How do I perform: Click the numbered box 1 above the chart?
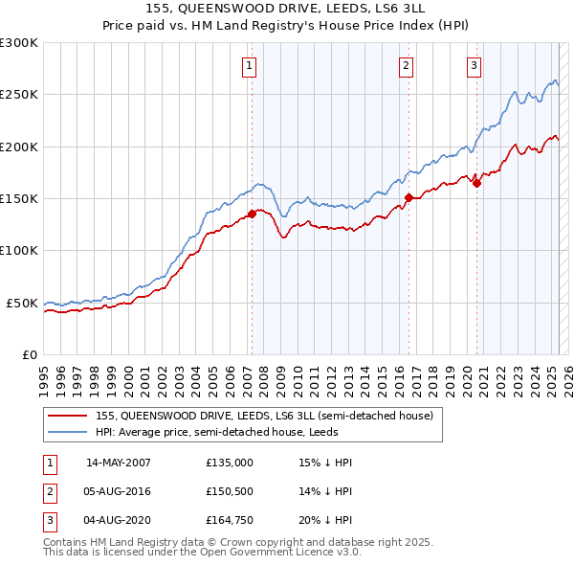249,66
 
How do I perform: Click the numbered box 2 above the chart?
406,66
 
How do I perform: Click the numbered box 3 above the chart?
474,66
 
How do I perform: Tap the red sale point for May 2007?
252,215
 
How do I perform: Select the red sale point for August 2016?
408,198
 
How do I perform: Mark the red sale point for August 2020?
476,184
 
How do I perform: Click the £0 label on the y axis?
29,354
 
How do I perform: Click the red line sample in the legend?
67,417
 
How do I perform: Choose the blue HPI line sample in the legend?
67,431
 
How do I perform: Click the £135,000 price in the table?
230,463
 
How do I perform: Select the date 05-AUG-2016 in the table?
118,492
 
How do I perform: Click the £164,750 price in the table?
230,522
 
